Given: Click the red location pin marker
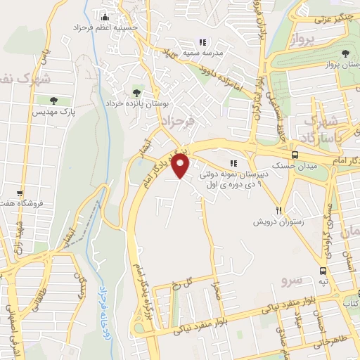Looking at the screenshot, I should click(x=181, y=166).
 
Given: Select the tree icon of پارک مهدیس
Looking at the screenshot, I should click(x=55, y=101).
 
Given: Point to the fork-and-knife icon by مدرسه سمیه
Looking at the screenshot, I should click(x=203, y=41).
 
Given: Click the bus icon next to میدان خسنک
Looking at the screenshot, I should click(x=295, y=155).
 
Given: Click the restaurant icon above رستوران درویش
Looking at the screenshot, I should click(x=279, y=210).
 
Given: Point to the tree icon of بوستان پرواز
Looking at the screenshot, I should click(x=345, y=53).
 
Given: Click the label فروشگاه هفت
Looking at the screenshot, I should click(x=22, y=203).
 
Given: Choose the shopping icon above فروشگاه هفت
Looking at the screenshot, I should click(x=21, y=193).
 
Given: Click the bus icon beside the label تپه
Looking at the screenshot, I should click(x=323, y=271).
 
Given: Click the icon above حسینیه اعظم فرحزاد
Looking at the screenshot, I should click(x=105, y=16).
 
